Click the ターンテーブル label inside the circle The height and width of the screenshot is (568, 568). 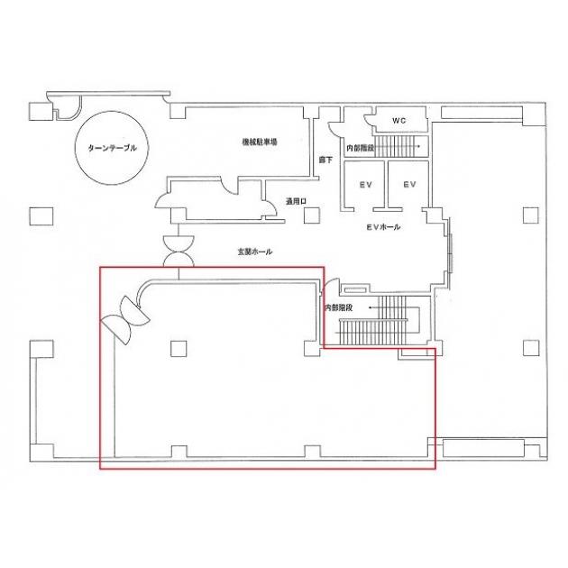[x=113, y=148]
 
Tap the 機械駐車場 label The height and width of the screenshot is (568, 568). [x=260, y=142]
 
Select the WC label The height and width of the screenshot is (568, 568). [x=399, y=121]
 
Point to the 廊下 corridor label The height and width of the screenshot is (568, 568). [x=325, y=160]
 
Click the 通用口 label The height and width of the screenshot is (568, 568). [x=296, y=202]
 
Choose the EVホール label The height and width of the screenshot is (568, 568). [x=383, y=227]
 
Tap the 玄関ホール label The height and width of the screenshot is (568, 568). [x=255, y=252]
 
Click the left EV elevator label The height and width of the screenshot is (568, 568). [x=365, y=185]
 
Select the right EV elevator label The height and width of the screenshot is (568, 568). [x=409, y=185]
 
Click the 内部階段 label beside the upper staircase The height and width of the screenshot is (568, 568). [x=360, y=148]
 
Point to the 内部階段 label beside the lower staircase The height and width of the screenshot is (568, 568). [x=338, y=308]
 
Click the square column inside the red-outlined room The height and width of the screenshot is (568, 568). [x=179, y=349]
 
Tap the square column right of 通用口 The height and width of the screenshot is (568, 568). [x=312, y=215]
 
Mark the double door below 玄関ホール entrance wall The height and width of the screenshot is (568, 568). [x=179, y=251]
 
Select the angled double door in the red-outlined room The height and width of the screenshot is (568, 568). [x=125, y=320]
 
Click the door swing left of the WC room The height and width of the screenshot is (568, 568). [x=368, y=120]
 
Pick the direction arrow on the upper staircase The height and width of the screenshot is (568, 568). [x=397, y=146]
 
